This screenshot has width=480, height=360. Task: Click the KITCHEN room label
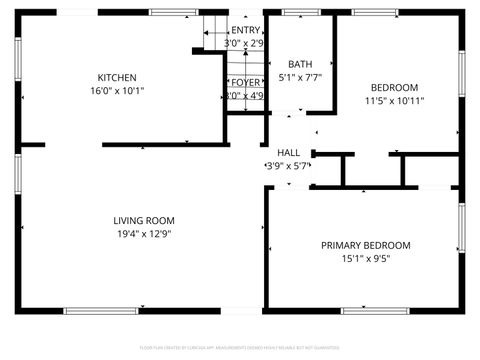pyautogui.click(x=117, y=77)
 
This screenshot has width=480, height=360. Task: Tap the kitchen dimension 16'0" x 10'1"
pyautogui.click(x=117, y=90)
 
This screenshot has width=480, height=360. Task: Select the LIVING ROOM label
pyautogui.click(x=144, y=220)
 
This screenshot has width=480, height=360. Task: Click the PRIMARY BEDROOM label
pyautogui.click(x=365, y=245)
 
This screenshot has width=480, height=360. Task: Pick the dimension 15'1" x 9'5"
pyautogui.click(x=365, y=258)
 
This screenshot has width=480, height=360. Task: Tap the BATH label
pyautogui.click(x=300, y=64)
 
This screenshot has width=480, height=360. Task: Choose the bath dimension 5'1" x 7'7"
pyautogui.click(x=300, y=77)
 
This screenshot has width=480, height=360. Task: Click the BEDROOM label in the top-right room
pyautogui.click(x=394, y=87)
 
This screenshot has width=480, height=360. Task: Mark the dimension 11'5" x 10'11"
pyautogui.click(x=394, y=100)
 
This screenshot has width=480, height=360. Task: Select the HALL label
pyautogui.click(x=288, y=152)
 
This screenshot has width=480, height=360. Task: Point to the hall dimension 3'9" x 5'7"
pyautogui.click(x=287, y=165)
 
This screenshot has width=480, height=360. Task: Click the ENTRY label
pyautogui.click(x=244, y=31)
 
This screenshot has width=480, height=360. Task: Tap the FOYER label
pyautogui.click(x=245, y=83)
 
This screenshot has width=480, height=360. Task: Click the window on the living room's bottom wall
pyautogui.click(x=100, y=310)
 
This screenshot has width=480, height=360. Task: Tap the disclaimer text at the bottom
pyautogui.click(x=240, y=346)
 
